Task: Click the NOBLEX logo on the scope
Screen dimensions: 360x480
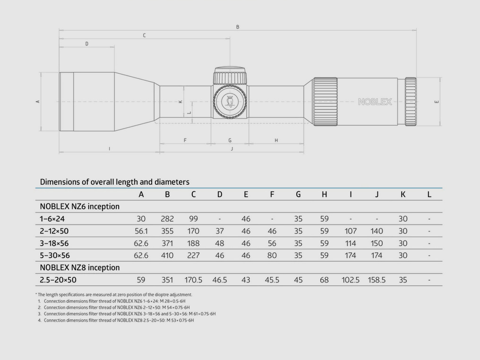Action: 375,102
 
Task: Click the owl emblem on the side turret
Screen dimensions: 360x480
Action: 230,101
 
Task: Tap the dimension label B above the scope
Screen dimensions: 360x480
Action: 238,27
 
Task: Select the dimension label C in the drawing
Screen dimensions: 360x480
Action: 144,35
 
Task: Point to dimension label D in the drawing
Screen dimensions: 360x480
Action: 86,44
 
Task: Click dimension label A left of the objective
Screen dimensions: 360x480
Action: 38,102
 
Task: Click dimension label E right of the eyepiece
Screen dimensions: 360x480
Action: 437,102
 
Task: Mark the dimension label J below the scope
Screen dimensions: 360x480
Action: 231,149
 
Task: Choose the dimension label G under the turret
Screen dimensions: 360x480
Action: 230,140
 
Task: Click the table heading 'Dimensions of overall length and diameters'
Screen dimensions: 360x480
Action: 114,182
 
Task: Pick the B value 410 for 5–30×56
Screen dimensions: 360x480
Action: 167,256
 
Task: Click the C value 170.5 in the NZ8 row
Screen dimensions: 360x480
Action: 193,280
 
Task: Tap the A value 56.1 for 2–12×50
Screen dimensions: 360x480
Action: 141,231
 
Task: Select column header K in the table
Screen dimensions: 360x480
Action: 403,194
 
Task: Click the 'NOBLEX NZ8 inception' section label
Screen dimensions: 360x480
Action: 79,268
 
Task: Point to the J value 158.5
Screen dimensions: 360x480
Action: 377,280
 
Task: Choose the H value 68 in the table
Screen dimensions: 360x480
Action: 324,280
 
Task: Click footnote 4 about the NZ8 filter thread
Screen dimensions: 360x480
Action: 118,320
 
